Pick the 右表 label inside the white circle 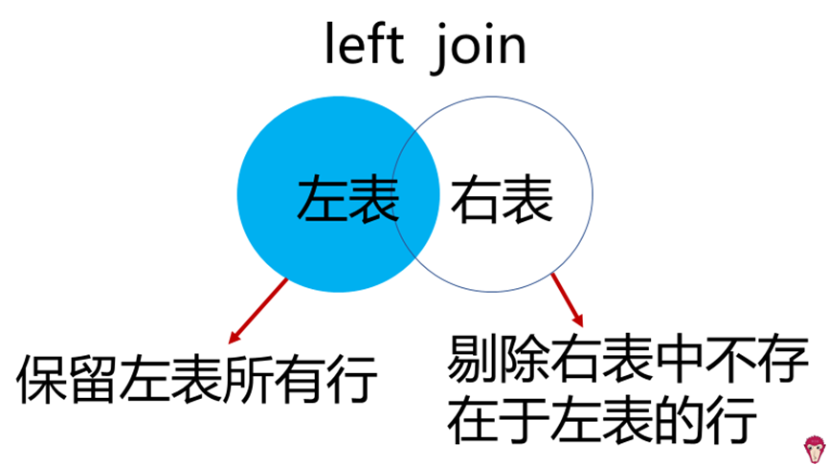tap(502, 199)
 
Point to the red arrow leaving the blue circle tap(258, 310)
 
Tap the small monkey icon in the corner tap(813, 449)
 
